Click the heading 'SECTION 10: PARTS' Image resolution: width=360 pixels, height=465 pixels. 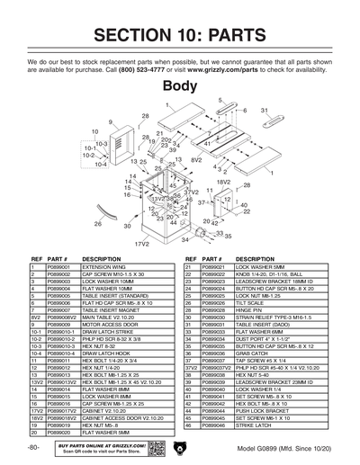(x=180, y=35)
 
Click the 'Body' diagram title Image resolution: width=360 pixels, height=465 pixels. (x=180, y=86)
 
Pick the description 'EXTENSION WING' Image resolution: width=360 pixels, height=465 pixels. (x=101, y=267)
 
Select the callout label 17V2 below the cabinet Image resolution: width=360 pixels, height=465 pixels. (x=141, y=243)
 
